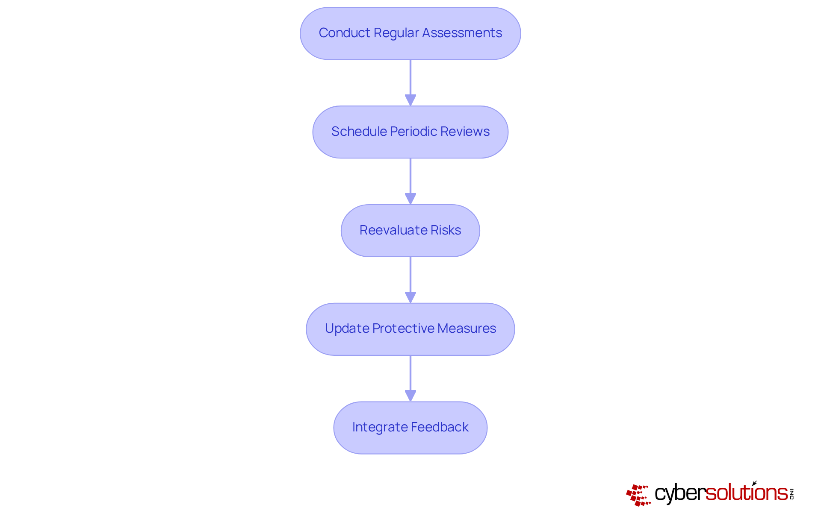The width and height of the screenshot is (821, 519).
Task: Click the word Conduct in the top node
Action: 344,33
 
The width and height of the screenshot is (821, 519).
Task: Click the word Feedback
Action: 440,427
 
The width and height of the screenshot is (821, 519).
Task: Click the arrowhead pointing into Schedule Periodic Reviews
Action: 410,100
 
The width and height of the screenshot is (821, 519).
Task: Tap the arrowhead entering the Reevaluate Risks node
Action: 410,199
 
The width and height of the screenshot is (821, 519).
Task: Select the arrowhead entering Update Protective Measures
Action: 410,297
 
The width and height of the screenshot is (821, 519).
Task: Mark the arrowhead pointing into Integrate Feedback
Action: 410,396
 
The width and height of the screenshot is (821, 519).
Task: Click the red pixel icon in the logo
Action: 638,495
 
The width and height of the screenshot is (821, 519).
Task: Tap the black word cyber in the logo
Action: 680,493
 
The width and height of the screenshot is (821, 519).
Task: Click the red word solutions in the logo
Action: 746,493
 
